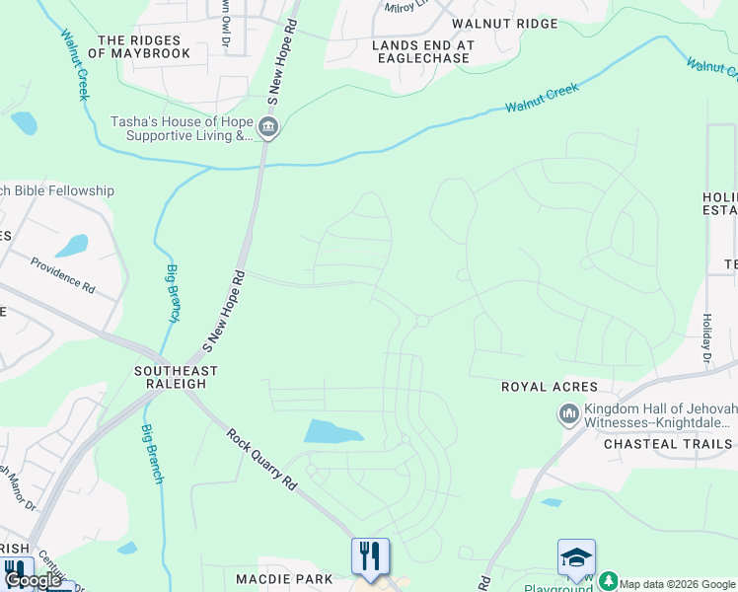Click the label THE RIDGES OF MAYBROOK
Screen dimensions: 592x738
point(139,47)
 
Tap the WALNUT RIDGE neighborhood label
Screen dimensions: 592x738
point(504,24)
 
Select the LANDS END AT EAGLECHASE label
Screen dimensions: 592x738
point(423,51)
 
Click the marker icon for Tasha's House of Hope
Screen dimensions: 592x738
point(267,128)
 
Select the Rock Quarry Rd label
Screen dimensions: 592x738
point(260,459)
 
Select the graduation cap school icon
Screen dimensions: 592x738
point(576,556)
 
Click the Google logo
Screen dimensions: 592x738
point(34,581)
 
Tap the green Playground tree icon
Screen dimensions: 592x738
point(608,582)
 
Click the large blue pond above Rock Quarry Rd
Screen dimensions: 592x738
point(333,431)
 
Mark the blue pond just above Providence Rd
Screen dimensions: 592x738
point(71,246)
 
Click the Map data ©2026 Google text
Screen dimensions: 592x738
point(678,584)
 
